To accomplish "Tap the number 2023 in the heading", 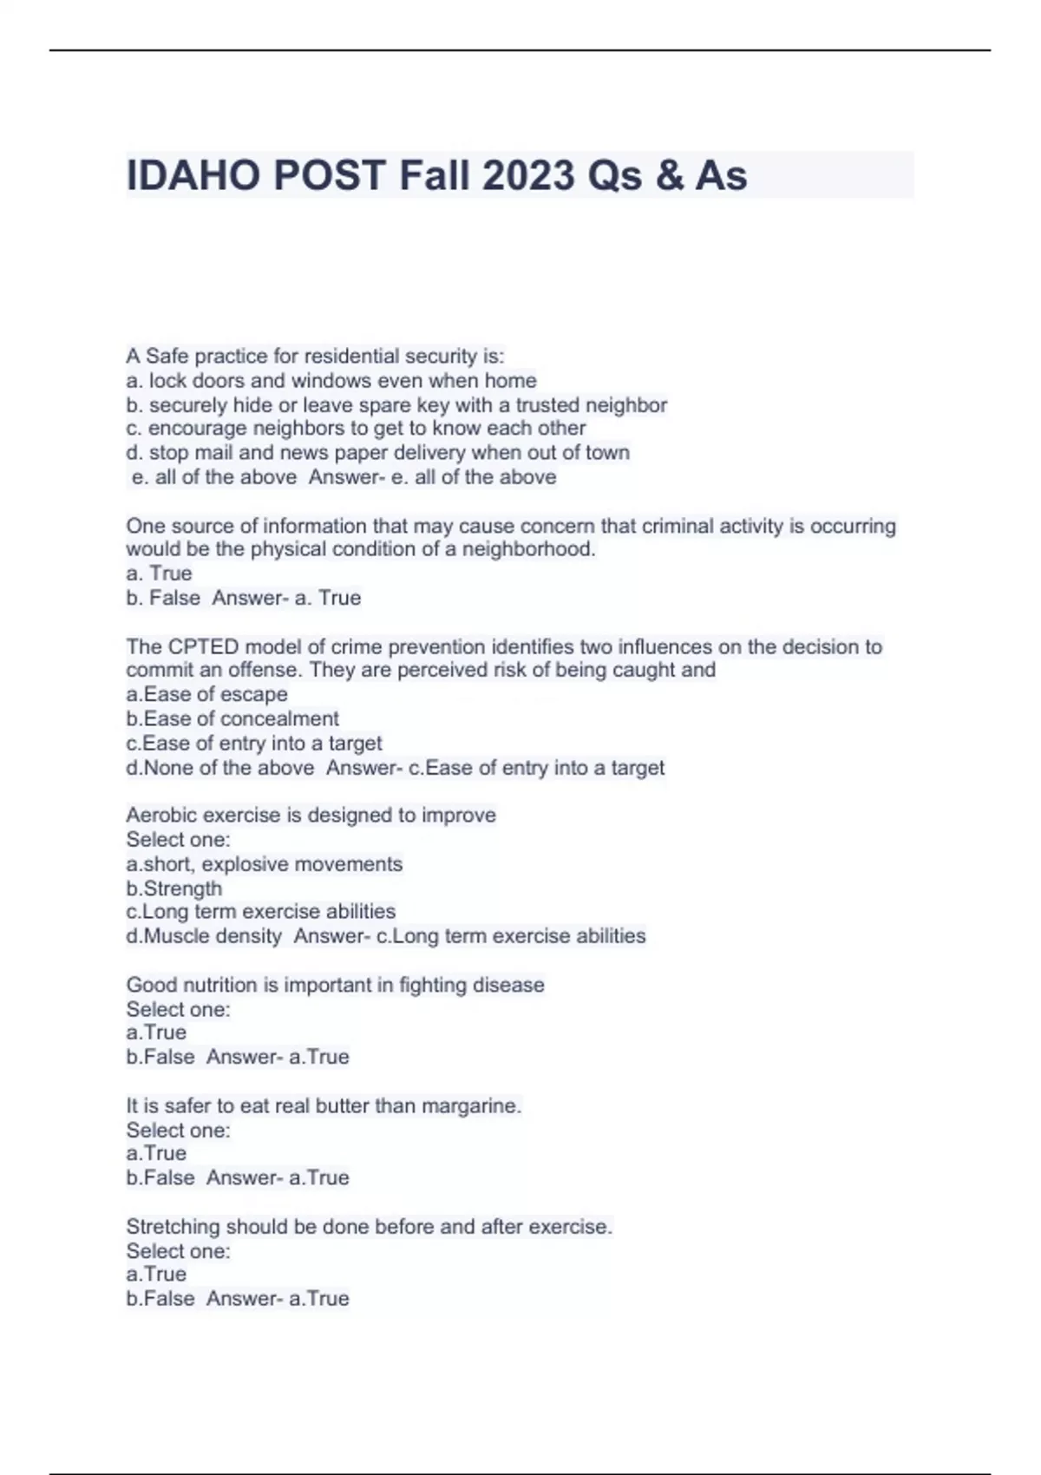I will click(528, 176).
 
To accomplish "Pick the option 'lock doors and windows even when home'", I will click(331, 381).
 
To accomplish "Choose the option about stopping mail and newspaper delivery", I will click(377, 453).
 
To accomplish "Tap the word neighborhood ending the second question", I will click(528, 549).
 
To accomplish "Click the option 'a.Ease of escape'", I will click(206, 694).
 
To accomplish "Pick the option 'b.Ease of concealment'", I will click(232, 719).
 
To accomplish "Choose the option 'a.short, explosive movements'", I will click(264, 864).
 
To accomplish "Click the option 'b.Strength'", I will click(173, 888).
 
